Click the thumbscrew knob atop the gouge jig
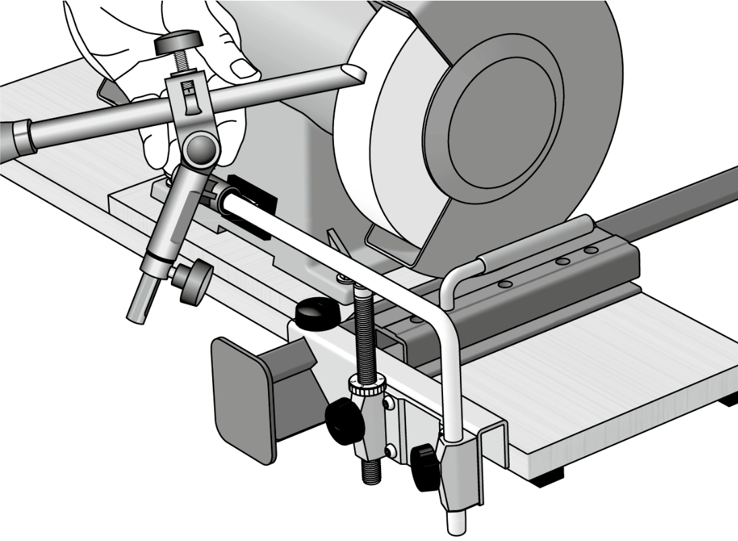179,45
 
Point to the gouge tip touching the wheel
353,72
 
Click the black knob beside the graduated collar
344,421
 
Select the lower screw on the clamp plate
390,450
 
